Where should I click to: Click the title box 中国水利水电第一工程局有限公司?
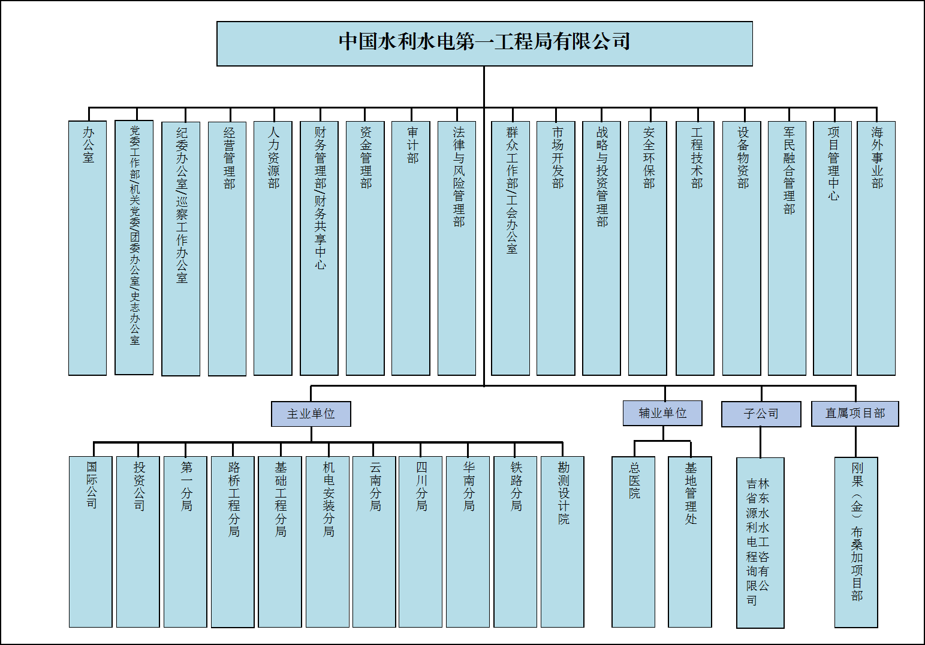click(484, 43)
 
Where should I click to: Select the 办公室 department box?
click(88, 248)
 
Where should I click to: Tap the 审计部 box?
click(411, 248)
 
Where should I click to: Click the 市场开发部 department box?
click(556, 248)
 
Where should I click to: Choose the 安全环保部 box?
click(647, 248)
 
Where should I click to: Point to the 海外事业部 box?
click(876, 248)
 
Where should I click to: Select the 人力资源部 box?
click(273, 248)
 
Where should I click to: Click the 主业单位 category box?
click(311, 414)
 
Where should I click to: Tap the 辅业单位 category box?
click(662, 413)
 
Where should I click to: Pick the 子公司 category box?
click(761, 414)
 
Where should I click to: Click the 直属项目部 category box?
click(855, 414)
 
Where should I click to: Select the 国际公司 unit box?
click(91, 542)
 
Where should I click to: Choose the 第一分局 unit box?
click(185, 542)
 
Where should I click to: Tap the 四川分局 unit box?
click(421, 542)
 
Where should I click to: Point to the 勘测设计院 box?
click(562, 542)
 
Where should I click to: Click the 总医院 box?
click(633, 542)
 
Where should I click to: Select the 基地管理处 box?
click(690, 542)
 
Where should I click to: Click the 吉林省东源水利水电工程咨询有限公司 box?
click(760, 542)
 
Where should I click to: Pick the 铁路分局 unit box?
click(516, 542)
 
